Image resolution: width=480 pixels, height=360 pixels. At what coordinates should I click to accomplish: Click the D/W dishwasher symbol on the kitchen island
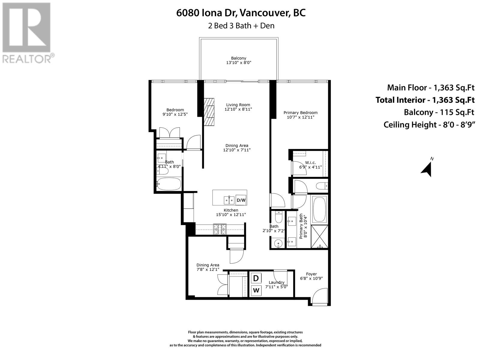tap(241, 200)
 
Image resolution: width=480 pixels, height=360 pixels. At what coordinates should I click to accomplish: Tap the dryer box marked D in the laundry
tap(256, 278)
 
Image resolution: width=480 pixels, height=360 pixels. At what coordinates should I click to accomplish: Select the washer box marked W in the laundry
tap(256, 290)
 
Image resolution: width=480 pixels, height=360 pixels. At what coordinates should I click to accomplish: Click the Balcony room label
tap(238, 58)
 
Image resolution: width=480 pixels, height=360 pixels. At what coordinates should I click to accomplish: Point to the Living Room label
tap(238, 105)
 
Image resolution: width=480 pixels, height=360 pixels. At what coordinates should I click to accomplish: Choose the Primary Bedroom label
tap(301, 113)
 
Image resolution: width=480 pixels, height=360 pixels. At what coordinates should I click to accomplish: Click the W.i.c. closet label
tap(310, 163)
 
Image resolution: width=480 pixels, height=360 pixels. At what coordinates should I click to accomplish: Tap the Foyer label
tap(311, 274)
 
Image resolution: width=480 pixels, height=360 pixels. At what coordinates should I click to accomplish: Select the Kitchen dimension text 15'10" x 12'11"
tap(231, 214)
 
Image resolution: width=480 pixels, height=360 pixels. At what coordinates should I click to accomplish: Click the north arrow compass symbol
tap(427, 169)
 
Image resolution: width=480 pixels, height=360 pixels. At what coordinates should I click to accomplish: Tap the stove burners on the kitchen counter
tap(220, 229)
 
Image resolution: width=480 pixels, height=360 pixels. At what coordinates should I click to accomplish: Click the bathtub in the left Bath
tap(169, 184)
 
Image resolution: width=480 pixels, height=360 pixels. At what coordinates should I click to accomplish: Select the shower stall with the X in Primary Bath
tap(319, 236)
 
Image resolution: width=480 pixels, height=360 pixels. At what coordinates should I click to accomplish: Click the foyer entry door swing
tap(319, 296)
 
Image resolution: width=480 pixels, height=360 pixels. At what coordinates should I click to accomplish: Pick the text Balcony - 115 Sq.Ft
tap(439, 112)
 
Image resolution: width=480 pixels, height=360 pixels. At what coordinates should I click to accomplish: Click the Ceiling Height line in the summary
tap(429, 125)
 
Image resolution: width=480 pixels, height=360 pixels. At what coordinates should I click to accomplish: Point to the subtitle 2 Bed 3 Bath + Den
tap(241, 26)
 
